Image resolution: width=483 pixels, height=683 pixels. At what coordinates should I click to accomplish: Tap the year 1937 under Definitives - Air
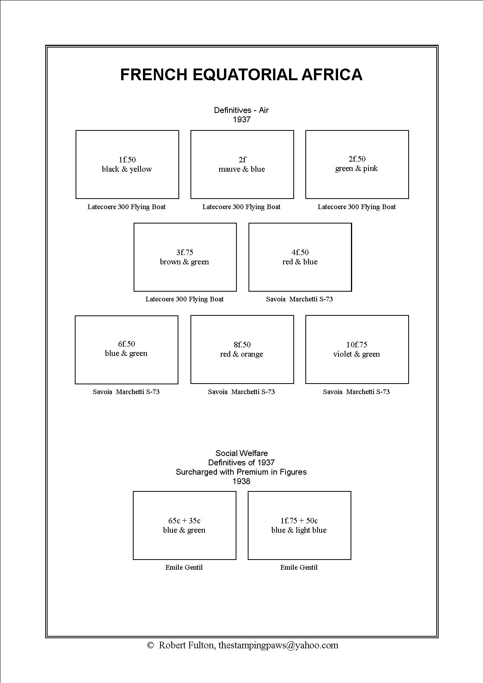click(x=241, y=120)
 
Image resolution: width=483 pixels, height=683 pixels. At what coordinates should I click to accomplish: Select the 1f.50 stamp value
click(x=127, y=160)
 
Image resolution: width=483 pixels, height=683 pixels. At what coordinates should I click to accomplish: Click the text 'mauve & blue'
click(x=242, y=169)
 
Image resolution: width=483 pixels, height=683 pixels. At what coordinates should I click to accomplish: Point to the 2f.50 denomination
click(x=357, y=159)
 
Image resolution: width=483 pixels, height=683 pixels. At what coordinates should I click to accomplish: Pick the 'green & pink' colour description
click(x=357, y=168)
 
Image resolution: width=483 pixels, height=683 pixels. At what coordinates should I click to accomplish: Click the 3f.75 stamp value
click(x=185, y=252)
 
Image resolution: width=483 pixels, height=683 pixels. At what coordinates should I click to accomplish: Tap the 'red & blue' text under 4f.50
click(x=300, y=262)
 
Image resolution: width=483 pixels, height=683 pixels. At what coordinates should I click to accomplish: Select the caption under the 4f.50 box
click(x=300, y=299)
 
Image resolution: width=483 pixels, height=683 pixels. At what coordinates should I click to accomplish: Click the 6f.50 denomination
click(x=127, y=344)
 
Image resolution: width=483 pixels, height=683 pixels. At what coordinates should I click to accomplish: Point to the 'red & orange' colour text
click(x=241, y=354)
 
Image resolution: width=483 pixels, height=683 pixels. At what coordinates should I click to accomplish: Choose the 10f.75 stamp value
click(x=357, y=345)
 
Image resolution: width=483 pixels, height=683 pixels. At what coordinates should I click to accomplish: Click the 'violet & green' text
click(x=357, y=354)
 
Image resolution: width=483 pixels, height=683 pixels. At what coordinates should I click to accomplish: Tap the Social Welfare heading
click(x=241, y=453)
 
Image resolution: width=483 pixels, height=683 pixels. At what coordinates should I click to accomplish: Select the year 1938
click(x=241, y=481)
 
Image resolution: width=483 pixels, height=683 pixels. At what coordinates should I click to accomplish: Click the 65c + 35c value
click(x=184, y=521)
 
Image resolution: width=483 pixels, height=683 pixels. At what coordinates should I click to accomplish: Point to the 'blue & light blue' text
click(x=299, y=530)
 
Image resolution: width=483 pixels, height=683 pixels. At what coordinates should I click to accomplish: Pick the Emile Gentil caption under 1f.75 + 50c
click(x=299, y=567)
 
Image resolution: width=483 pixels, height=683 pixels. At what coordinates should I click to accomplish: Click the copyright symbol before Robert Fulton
click(x=150, y=645)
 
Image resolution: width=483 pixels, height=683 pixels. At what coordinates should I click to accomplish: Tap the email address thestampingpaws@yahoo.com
click(x=278, y=645)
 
